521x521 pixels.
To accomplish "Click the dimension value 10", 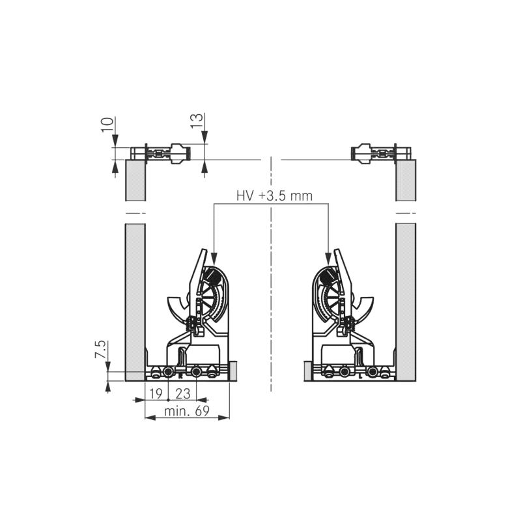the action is [x=107, y=124].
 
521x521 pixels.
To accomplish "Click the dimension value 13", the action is [x=197, y=120].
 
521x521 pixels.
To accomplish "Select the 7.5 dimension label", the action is [x=100, y=349].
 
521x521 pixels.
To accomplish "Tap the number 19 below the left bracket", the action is [x=156, y=394].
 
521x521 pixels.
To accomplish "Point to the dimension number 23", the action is [x=183, y=394].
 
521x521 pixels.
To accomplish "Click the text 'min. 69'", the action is [x=187, y=412].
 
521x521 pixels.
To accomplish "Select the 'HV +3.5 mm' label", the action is [x=274, y=196].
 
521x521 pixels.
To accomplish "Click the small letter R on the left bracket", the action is [x=181, y=376].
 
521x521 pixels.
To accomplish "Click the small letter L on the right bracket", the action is [x=361, y=376].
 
